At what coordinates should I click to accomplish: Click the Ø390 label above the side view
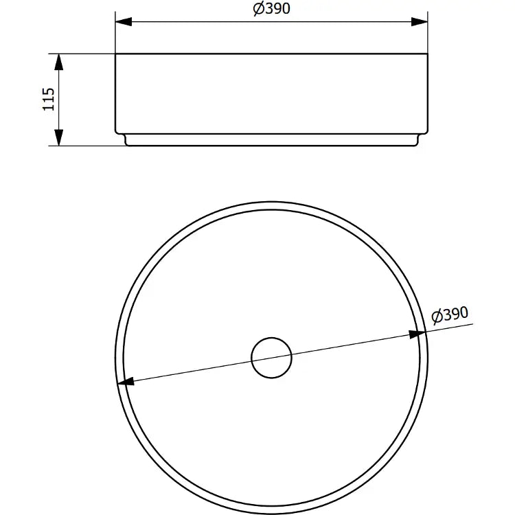coord(272,8)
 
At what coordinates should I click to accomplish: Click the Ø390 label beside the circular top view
coord(450,315)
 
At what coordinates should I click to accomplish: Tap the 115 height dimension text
coord(49,99)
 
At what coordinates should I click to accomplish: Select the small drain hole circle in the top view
coord(271,358)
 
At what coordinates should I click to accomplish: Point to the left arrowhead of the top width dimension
coord(124,22)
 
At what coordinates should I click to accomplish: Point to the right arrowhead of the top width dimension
coord(420,22)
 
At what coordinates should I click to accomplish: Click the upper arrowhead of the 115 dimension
coord(59,62)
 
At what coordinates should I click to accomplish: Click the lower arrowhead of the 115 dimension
coord(59,137)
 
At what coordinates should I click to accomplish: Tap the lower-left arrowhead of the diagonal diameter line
coord(126,381)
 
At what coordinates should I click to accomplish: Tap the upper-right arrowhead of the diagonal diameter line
coord(417,334)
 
